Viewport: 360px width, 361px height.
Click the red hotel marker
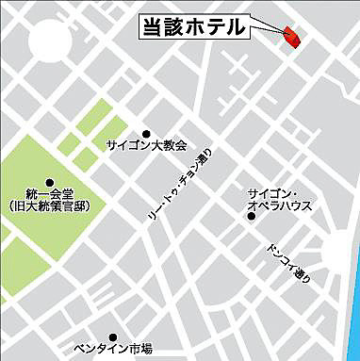coord(291,37)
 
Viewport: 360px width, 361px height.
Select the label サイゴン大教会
coord(146,146)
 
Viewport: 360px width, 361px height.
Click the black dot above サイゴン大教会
coord(146,134)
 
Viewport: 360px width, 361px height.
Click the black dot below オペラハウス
coord(251,217)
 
